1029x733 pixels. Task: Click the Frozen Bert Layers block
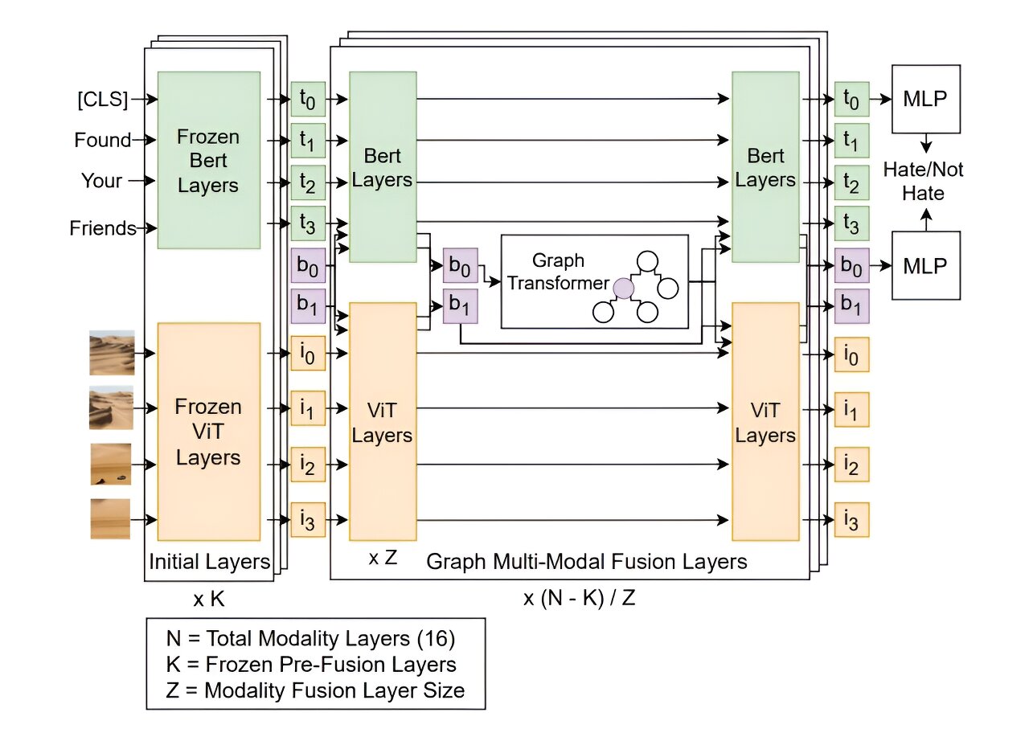pyautogui.click(x=208, y=160)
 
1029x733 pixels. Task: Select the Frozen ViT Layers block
pyautogui.click(x=208, y=431)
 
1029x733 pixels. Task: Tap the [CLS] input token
pyautogui.click(x=102, y=100)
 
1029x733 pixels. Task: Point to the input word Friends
pyautogui.click(x=102, y=228)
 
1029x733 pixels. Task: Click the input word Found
pyautogui.click(x=102, y=140)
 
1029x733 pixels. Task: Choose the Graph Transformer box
pyautogui.click(x=594, y=281)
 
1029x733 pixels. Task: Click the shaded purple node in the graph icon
pyautogui.click(x=622, y=288)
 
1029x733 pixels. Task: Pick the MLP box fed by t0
pyautogui.click(x=925, y=99)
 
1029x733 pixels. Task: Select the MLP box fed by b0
pyautogui.click(x=925, y=265)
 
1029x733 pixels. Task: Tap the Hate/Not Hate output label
pyautogui.click(x=924, y=181)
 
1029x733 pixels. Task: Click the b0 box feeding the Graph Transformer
pyautogui.click(x=460, y=265)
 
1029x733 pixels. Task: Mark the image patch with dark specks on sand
pyautogui.click(x=111, y=465)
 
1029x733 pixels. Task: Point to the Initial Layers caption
pyautogui.click(x=209, y=561)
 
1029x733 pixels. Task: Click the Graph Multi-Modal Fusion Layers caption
pyautogui.click(x=586, y=561)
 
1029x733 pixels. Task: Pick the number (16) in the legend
pyautogui.click(x=439, y=639)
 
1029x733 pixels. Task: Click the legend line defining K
pyautogui.click(x=310, y=665)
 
